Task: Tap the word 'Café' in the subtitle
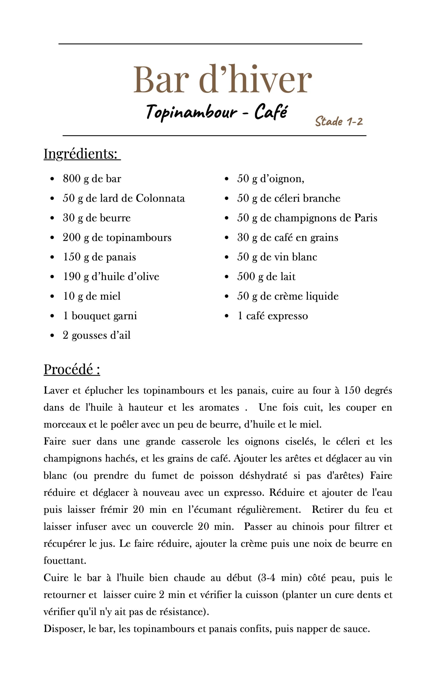[x=271, y=112]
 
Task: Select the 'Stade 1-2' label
[x=339, y=121]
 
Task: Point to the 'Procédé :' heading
[x=72, y=369]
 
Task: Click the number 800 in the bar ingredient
[x=72, y=178]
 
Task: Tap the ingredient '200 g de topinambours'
[x=117, y=237]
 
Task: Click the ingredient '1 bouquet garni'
[x=100, y=316]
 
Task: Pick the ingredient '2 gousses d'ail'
[x=97, y=335]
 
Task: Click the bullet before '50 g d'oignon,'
[x=226, y=179]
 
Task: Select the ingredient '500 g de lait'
[x=266, y=276]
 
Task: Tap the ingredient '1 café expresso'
[x=272, y=316]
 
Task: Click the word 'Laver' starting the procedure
[x=56, y=391]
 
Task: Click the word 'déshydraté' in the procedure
[x=263, y=476]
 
